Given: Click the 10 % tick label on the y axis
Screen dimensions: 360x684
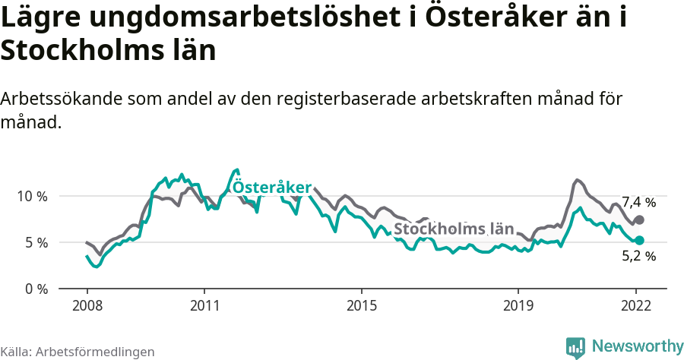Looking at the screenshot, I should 32,196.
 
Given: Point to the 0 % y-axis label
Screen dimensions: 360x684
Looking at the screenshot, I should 36,289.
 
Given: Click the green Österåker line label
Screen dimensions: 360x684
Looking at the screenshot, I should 271,187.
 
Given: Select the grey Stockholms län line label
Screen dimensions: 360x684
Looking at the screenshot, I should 453,229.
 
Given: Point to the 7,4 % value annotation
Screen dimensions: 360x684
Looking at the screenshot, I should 638,202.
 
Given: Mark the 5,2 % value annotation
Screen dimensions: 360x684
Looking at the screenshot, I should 638,257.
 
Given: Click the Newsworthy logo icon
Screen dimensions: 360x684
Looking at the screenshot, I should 575,347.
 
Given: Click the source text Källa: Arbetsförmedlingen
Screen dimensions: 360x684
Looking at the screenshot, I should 78,352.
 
